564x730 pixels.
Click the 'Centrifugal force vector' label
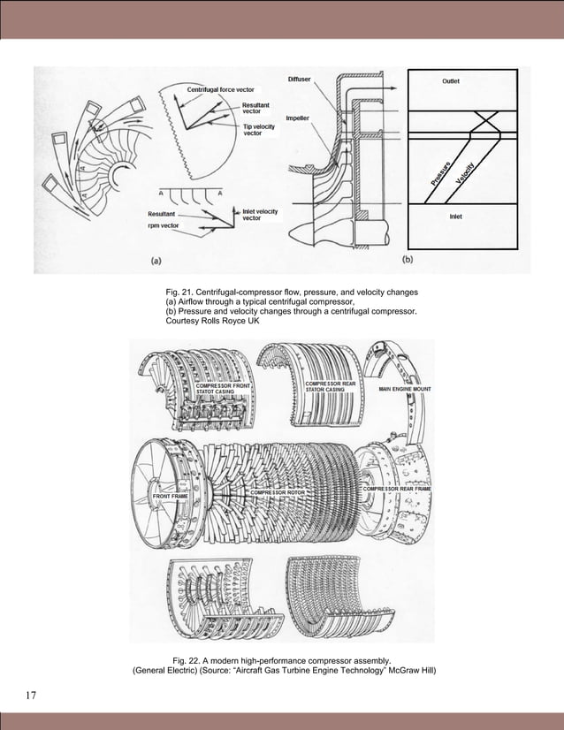220,90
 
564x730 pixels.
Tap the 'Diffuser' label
300,80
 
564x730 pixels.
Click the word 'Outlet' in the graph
451,81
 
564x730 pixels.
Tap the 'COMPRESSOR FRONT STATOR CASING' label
224,389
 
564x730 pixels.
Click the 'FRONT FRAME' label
171,498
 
